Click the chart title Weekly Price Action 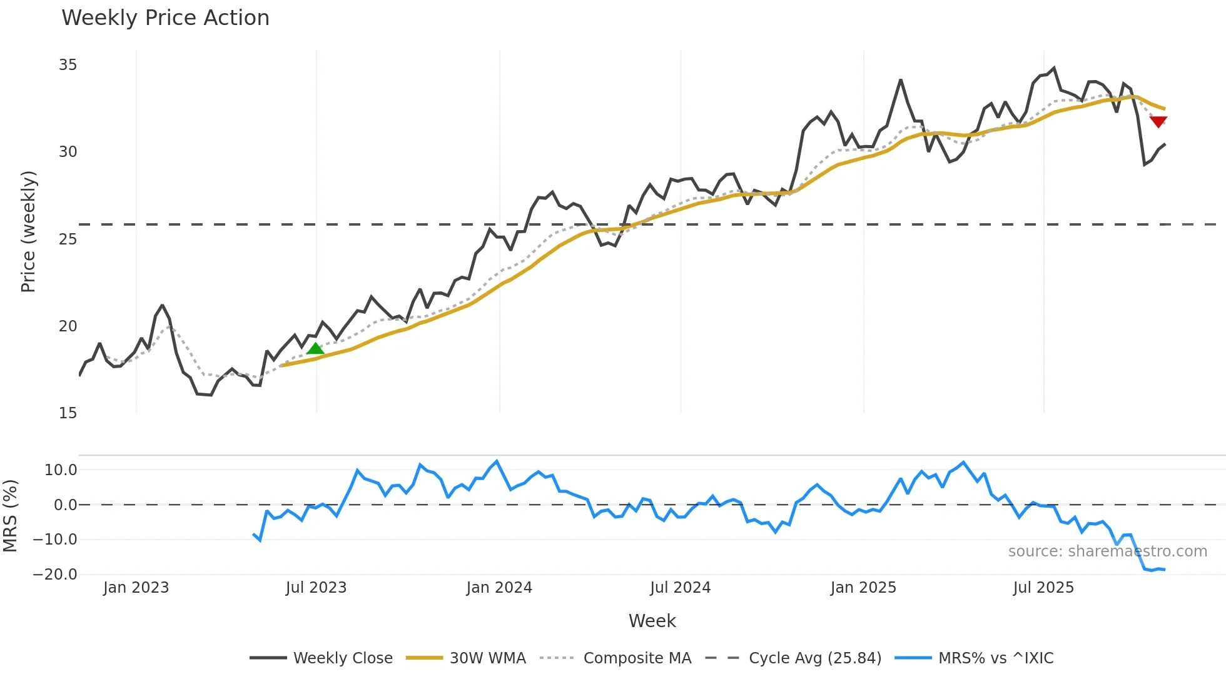tap(165, 18)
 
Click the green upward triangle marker tap(315, 348)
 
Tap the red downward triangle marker tap(1158, 121)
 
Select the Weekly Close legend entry tap(322, 658)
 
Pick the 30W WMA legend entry tap(466, 658)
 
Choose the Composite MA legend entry tap(616, 658)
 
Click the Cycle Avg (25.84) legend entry tap(793, 658)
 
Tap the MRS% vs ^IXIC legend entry tap(974, 658)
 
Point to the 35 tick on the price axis tap(68, 65)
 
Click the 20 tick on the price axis tap(68, 326)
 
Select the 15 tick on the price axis tap(68, 413)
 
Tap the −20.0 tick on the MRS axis tap(55, 575)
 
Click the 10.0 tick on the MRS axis tap(61, 470)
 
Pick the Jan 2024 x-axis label tap(499, 588)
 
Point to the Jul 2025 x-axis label tap(1043, 588)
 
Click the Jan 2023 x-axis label tap(136, 588)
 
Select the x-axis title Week tap(652, 621)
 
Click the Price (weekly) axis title tap(28, 231)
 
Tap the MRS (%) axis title tap(11, 516)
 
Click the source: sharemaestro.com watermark tap(1107, 551)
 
